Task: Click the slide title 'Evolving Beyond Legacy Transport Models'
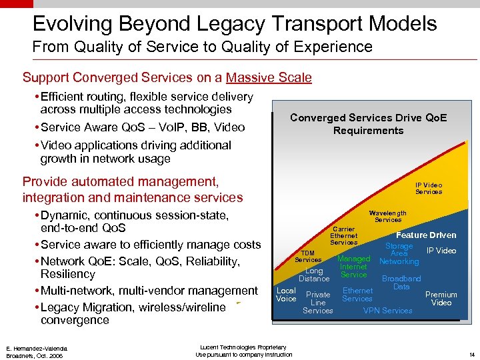point(235,24)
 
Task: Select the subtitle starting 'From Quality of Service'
point(202,47)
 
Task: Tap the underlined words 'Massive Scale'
point(269,77)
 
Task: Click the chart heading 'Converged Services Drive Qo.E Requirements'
point(368,124)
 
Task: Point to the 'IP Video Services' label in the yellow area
point(428,188)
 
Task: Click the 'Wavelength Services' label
point(387,216)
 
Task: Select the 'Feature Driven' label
point(425,235)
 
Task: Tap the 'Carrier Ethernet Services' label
point(343,235)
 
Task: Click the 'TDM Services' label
point(307,256)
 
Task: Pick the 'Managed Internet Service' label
point(353,266)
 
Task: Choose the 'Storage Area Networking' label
point(399,253)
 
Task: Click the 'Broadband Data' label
point(401,282)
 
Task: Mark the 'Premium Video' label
point(441,298)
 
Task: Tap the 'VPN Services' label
point(387,311)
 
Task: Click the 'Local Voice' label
point(286,295)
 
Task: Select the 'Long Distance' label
point(314,275)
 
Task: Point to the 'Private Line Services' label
point(317,303)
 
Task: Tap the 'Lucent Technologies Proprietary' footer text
point(243,347)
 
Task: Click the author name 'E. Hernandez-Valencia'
point(37,348)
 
